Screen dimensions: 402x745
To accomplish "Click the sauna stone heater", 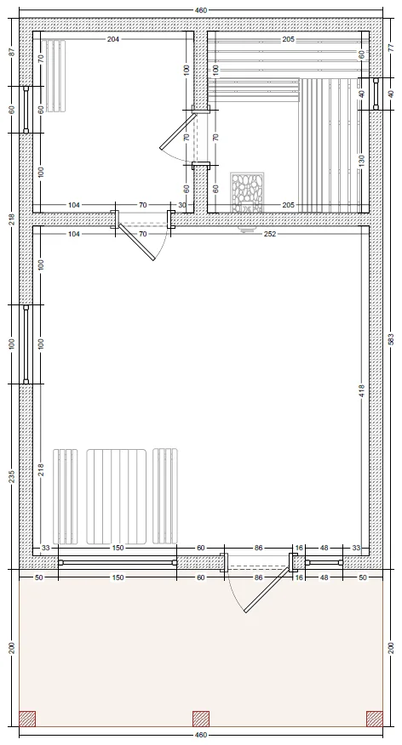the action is pyautogui.click(x=247, y=193).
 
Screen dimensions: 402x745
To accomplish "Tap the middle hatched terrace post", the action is pyautogui.click(x=201, y=719).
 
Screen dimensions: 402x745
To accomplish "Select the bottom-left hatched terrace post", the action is pyautogui.click(x=27, y=719).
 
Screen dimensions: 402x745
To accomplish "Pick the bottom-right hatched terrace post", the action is pyautogui.click(x=375, y=719).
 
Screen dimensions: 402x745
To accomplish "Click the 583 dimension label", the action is pyautogui.click(x=392, y=338).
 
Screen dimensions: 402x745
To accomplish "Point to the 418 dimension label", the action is pyautogui.click(x=362, y=391).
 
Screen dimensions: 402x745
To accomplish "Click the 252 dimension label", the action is pyautogui.click(x=270, y=234).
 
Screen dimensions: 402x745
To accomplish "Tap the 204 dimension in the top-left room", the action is pyautogui.click(x=112, y=39).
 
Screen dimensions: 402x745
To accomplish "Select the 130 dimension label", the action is pyautogui.click(x=362, y=161).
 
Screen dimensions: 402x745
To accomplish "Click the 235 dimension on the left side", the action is pyautogui.click(x=12, y=476).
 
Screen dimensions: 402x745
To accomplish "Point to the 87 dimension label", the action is pyautogui.click(x=12, y=52).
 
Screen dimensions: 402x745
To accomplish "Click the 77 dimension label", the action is pyautogui.click(x=392, y=48).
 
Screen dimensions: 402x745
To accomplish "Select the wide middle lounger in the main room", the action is pyautogui.click(x=116, y=496).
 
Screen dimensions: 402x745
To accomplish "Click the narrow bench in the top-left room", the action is pyautogui.click(x=55, y=76).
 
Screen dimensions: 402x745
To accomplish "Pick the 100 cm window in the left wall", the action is pyautogui.click(x=26, y=344).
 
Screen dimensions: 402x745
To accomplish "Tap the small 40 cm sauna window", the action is pyautogui.click(x=376, y=94).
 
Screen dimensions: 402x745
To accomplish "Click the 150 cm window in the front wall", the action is pyautogui.click(x=118, y=562).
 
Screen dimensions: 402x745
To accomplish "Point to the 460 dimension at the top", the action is pyautogui.click(x=201, y=9).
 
